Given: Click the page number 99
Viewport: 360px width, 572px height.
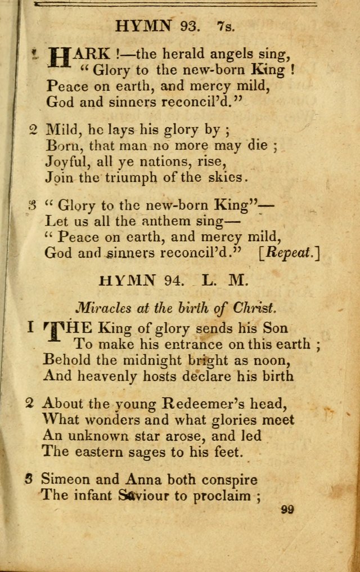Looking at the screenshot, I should click(x=286, y=510).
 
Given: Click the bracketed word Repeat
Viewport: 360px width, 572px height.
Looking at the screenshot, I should click(x=289, y=253).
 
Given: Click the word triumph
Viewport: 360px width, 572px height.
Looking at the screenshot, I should click(x=127, y=178).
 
